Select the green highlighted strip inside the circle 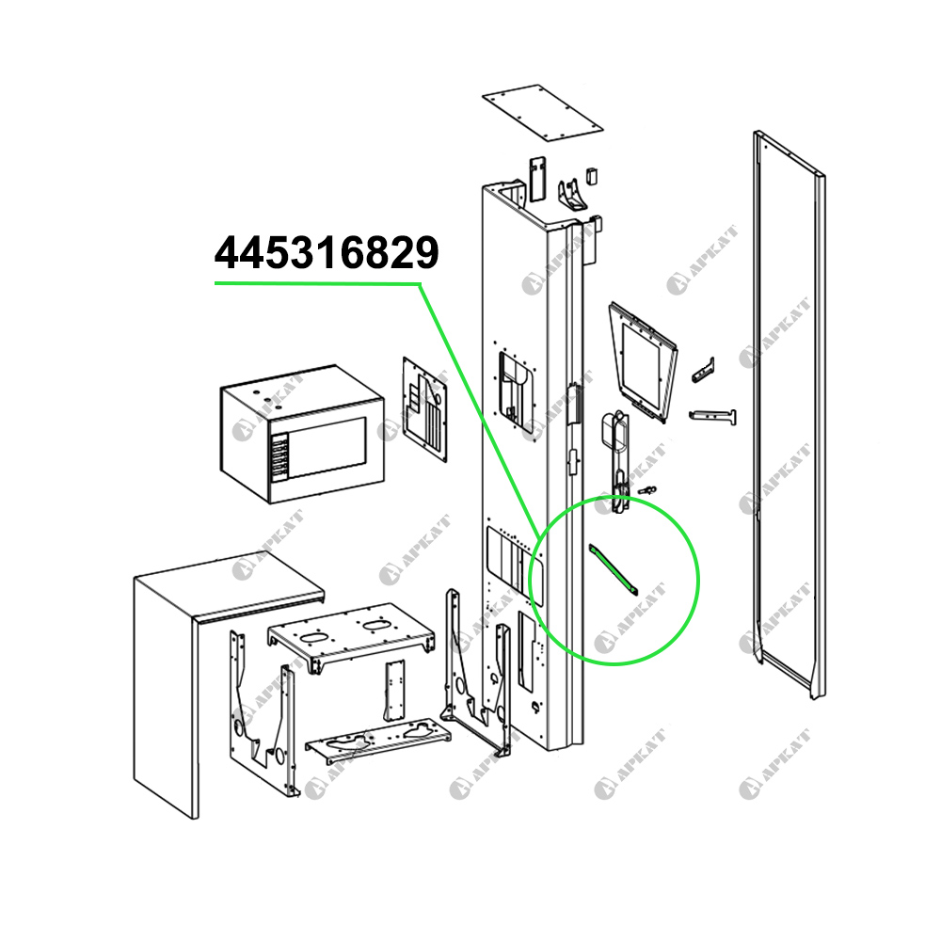pos(613,567)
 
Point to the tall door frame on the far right pos(789,414)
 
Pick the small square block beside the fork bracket pos(593,173)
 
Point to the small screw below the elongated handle pos(646,490)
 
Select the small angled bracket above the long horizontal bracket pos(704,370)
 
